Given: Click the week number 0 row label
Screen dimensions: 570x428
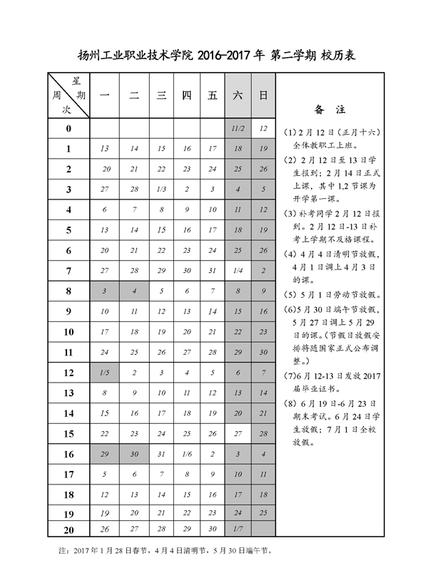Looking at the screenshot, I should tap(68, 129).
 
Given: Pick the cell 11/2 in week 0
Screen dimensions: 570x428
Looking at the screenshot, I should tap(238, 129).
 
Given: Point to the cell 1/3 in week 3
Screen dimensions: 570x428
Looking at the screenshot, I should tap(161, 190).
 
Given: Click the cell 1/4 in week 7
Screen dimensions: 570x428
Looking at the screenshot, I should tap(238, 270).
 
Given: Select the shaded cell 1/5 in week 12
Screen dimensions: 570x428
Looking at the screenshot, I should tap(105, 373).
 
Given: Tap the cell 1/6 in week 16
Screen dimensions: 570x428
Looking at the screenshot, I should tap(187, 454).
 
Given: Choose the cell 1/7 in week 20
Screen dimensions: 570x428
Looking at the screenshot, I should tap(238, 528).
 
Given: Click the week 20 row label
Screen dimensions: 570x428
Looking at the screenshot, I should tap(68, 528).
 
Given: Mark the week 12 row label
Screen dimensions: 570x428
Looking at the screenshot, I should tap(68, 373).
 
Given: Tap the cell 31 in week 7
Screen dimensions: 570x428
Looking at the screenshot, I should tap(212, 270).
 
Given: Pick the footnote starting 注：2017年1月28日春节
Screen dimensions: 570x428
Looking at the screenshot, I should tap(163, 551).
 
